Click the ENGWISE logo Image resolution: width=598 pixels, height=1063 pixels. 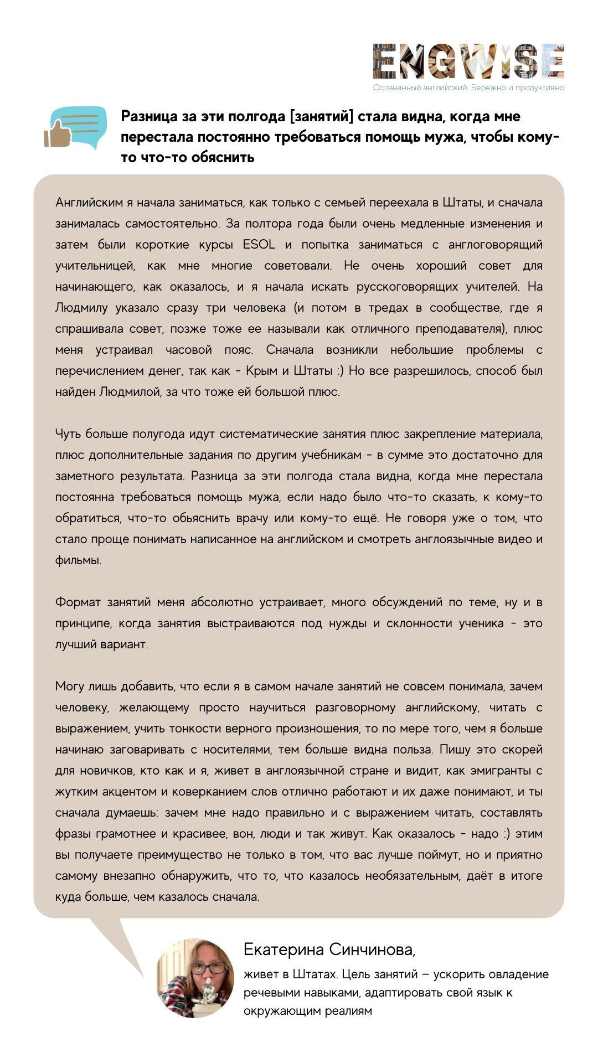[468, 61]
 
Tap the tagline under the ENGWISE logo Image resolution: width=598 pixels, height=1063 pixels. [468, 87]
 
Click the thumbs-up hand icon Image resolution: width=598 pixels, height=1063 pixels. [54, 135]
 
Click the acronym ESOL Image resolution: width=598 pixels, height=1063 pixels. [259, 245]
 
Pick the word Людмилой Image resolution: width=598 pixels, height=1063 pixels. [125, 392]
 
